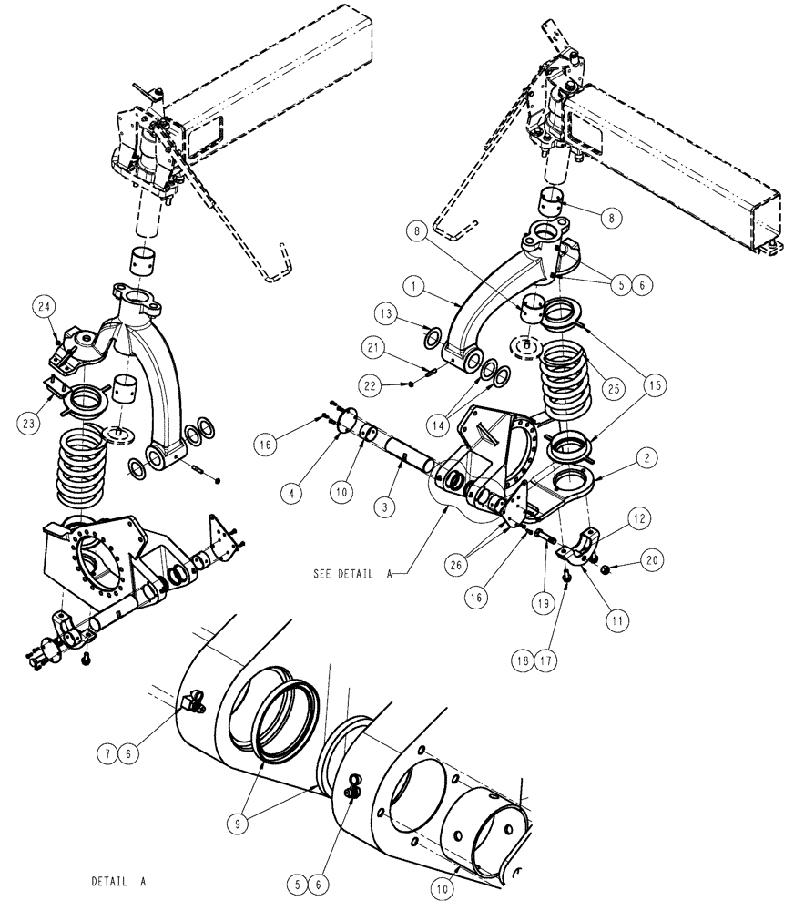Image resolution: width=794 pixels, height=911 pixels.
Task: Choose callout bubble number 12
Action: click(x=638, y=518)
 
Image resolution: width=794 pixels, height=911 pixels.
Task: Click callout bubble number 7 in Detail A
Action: click(x=112, y=752)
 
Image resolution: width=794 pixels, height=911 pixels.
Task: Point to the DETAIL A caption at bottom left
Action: click(x=118, y=882)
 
